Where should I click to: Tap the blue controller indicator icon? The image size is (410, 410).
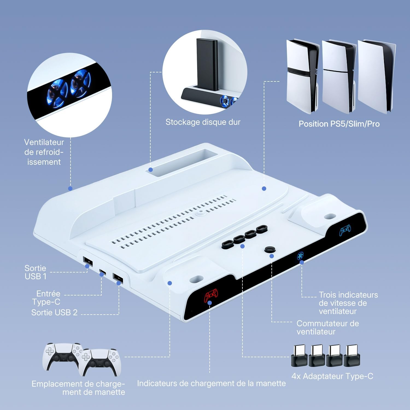(x=345, y=230)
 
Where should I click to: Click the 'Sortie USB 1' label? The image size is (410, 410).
(x=36, y=272)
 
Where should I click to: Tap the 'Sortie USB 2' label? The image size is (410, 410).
(x=54, y=312)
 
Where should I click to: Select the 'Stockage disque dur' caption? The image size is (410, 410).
(x=203, y=122)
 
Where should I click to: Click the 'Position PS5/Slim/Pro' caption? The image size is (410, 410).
(x=339, y=124)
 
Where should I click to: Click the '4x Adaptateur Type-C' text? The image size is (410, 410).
(x=332, y=376)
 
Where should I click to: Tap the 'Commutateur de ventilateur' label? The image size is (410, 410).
(x=327, y=327)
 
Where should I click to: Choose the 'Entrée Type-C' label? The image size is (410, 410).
(x=46, y=298)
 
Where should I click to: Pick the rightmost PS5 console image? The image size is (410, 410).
(x=376, y=77)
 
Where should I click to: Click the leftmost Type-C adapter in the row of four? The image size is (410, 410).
(x=299, y=356)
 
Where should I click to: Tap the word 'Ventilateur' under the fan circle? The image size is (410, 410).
(x=44, y=142)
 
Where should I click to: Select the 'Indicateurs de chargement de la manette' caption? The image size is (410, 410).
(x=211, y=383)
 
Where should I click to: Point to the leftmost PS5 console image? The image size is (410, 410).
(x=303, y=77)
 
